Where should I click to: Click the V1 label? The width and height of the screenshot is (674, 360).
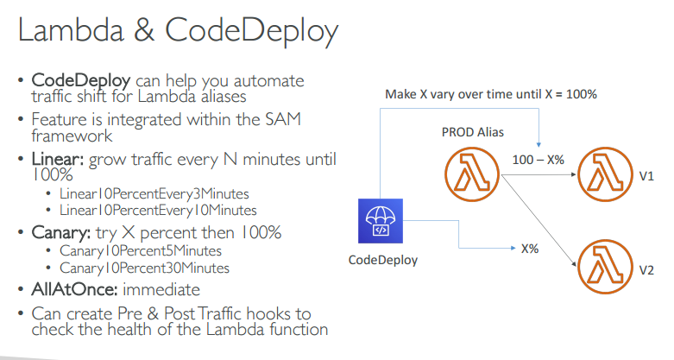click(x=646, y=176)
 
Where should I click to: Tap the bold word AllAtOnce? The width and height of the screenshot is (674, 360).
click(x=70, y=289)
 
